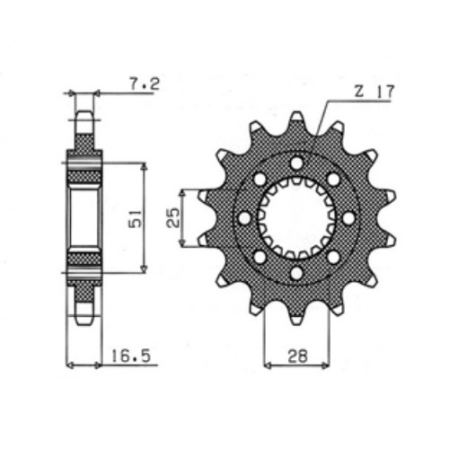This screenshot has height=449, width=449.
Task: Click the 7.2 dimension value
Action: coord(145,84)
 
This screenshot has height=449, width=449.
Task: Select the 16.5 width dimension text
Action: coord(130,357)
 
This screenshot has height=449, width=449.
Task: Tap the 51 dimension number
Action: coord(135,219)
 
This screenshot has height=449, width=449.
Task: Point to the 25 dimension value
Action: coord(172,218)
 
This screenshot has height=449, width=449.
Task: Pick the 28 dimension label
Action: coord(297,357)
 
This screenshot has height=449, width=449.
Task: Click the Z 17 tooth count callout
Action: coord(374,92)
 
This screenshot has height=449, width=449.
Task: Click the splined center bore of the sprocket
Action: coord(297,218)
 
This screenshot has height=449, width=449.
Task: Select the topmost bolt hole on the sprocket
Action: coord(297,163)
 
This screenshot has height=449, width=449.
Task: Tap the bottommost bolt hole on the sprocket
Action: coord(297,273)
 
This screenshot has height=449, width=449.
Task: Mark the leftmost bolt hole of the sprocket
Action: coord(245,218)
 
